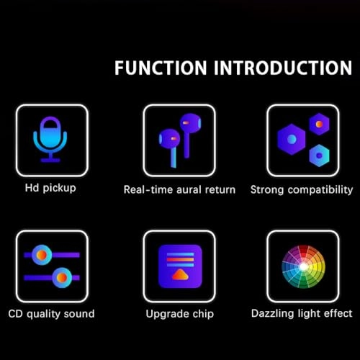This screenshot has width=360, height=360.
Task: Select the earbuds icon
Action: tap(179, 137)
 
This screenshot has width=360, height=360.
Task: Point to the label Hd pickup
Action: tap(50, 189)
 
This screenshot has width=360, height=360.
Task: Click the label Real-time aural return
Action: tap(179, 190)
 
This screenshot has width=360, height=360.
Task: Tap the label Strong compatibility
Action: tap(301, 190)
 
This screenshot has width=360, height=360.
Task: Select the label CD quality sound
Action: tap(51, 313)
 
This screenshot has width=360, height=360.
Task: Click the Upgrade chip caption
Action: tap(179, 314)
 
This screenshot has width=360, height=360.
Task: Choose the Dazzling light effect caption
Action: tap(302, 313)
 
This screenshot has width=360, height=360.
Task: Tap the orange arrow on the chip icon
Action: tap(179, 274)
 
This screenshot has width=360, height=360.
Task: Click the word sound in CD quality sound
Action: tap(79, 313)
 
